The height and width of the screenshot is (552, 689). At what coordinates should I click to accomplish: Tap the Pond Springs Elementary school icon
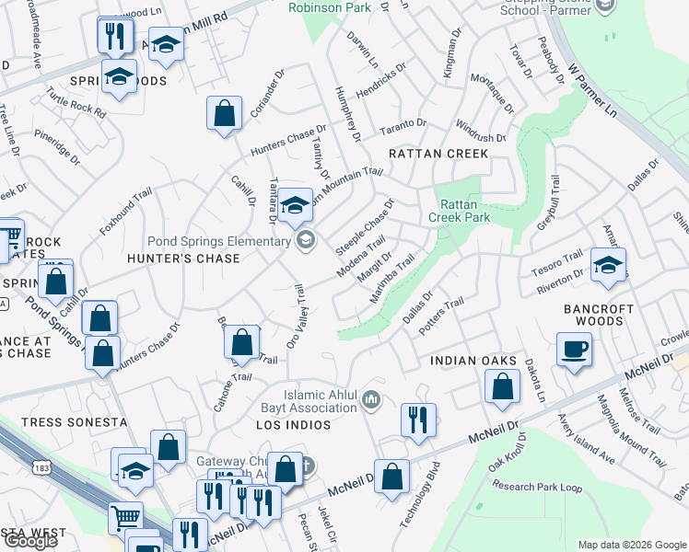pos(306,241)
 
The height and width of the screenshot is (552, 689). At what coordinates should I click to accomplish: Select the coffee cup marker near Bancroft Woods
pos(574,350)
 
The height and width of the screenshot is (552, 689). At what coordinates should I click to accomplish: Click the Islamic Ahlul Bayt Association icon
pos(372,398)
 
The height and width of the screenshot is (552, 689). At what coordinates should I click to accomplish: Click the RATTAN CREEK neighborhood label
pos(438,154)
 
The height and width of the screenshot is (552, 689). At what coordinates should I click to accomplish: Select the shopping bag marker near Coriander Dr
pos(224,114)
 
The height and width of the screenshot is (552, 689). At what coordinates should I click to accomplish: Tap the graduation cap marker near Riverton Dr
pos(608,266)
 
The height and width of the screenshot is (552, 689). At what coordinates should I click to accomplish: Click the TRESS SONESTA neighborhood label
pos(74,422)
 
